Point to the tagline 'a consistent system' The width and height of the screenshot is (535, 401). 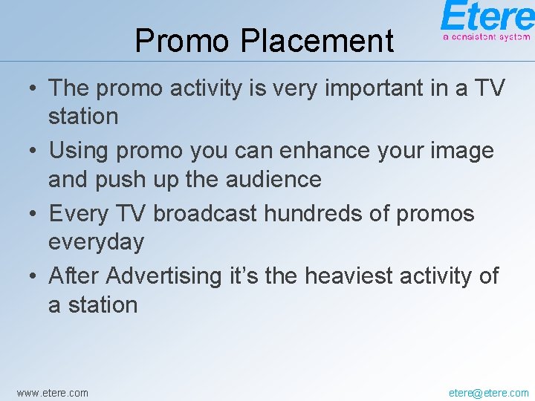tap(487, 36)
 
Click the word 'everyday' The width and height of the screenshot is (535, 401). tap(96, 242)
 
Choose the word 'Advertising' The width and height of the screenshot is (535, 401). tap(163, 276)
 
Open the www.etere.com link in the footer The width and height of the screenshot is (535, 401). tap(52, 392)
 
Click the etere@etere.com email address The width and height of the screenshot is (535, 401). tap(489, 392)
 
